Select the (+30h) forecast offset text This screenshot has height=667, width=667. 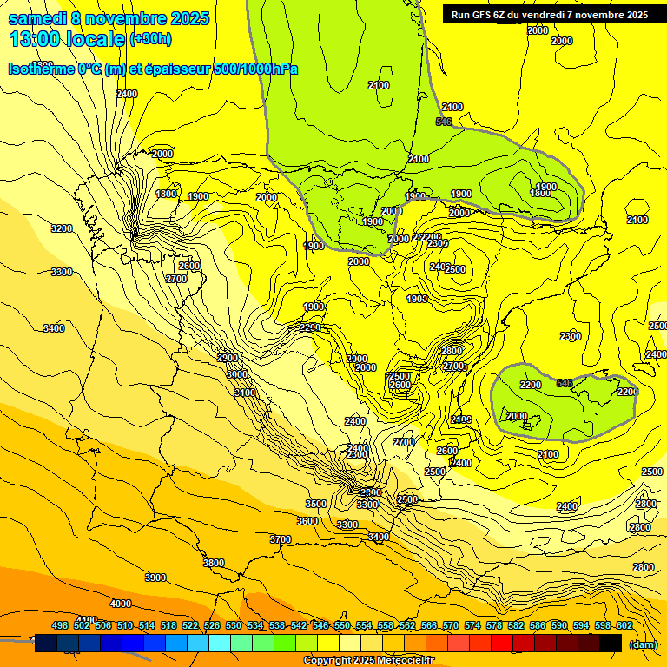(x=150, y=39)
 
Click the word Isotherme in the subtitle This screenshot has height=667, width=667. (x=39, y=69)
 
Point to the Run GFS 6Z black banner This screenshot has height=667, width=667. (x=550, y=14)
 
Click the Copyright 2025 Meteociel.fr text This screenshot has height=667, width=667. (x=368, y=661)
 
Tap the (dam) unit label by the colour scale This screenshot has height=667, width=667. (x=643, y=644)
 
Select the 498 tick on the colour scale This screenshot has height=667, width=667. (x=60, y=626)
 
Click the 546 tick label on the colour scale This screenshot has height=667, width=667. (x=320, y=626)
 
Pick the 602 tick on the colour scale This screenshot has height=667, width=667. (x=624, y=626)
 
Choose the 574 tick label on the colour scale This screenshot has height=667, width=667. (x=472, y=626)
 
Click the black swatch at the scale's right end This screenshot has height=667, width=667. (x=611, y=644)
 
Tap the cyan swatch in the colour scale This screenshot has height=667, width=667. (x=220, y=644)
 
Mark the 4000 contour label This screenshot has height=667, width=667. (x=121, y=604)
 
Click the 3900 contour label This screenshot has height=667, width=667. (x=155, y=578)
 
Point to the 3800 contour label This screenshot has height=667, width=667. (x=214, y=563)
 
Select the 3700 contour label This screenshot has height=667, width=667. (x=281, y=539)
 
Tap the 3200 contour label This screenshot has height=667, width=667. (x=61, y=228)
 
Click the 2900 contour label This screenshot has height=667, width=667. (x=228, y=358)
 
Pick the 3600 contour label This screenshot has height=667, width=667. (x=307, y=521)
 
